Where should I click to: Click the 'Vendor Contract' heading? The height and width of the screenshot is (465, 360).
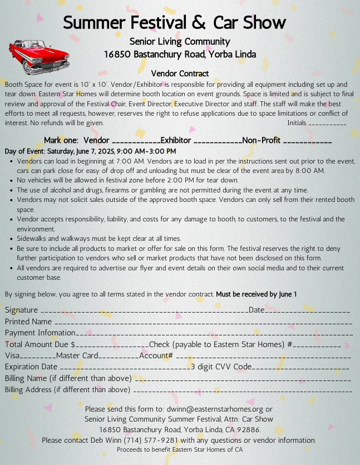(x=180, y=73)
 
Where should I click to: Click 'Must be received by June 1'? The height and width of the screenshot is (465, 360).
(x=257, y=294)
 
